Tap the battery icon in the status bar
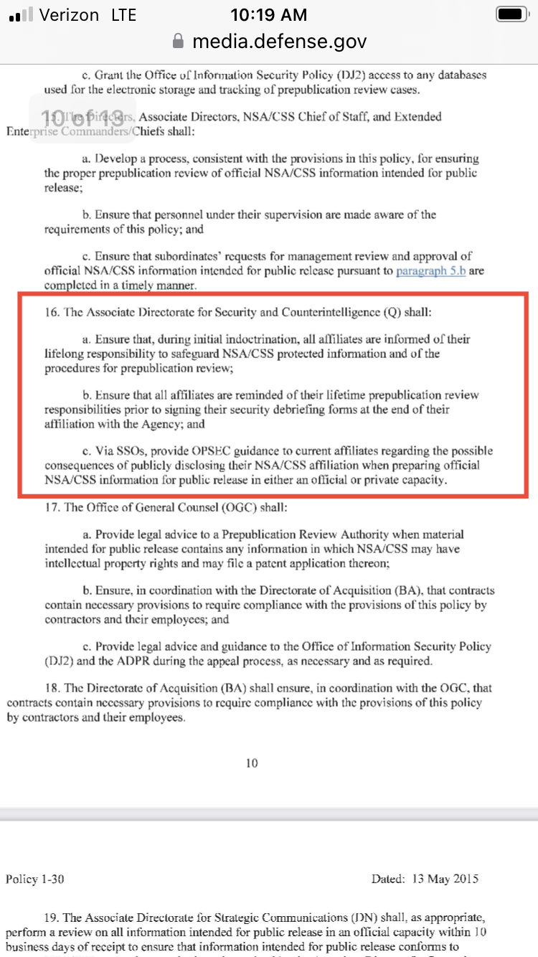click(512, 14)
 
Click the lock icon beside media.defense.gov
click(179, 42)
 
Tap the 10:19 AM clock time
click(269, 14)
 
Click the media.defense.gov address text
click(279, 42)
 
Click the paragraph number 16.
click(52, 313)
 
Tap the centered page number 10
click(252, 763)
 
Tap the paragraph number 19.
click(52, 918)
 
